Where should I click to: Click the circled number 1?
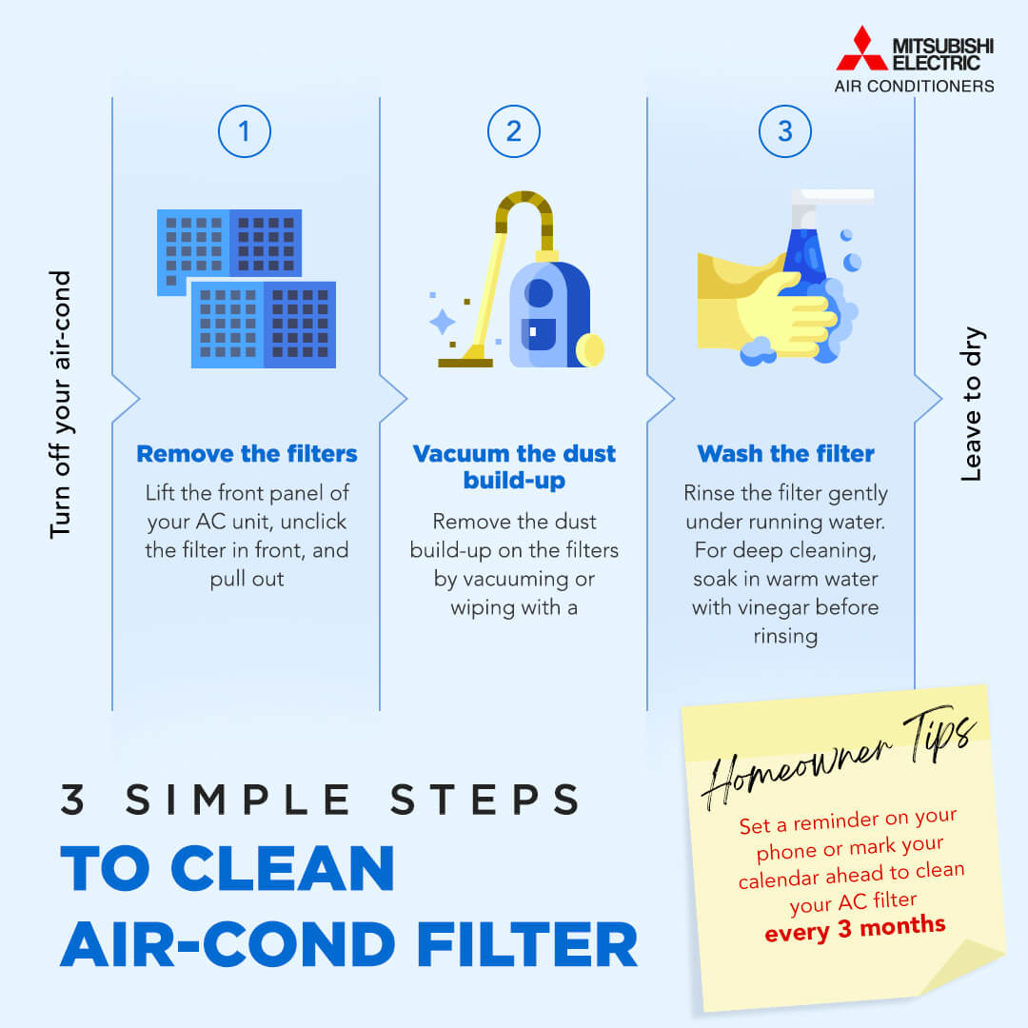245,130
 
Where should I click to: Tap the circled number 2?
514,130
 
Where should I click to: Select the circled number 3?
784,130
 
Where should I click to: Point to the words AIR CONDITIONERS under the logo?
914,86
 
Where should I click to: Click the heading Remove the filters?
247,454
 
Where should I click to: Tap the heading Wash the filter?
785,454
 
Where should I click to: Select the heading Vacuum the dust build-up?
514,466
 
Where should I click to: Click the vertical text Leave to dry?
971,405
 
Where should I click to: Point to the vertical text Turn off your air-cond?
60,405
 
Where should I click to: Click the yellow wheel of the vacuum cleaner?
590,349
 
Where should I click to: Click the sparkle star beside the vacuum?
443,322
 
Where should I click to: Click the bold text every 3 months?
855,926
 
